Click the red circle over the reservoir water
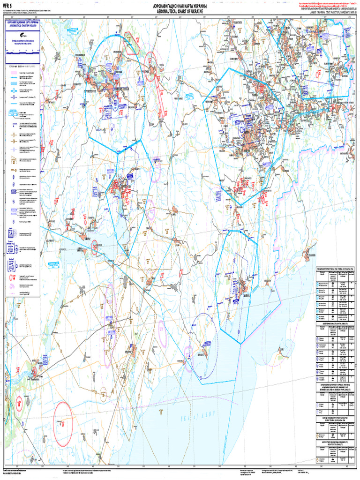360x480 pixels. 94,247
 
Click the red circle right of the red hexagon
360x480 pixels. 150,60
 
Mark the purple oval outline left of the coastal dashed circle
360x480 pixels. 189,352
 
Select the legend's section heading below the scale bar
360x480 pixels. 22,67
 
